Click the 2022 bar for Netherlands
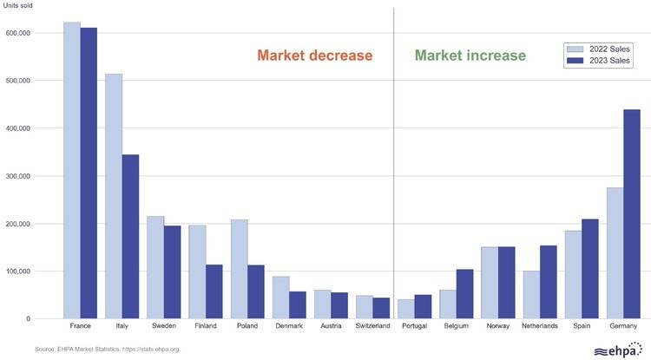(x=530, y=295)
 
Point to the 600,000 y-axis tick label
(x=17, y=33)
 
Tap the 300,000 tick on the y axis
(x=17, y=176)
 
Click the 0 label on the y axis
(x=29, y=319)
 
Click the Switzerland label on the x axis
(x=372, y=327)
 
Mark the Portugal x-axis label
(x=414, y=327)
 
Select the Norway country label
(x=497, y=327)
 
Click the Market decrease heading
(x=314, y=56)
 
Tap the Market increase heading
(x=470, y=56)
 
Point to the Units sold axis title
(x=20, y=7)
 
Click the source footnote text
(x=107, y=349)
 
